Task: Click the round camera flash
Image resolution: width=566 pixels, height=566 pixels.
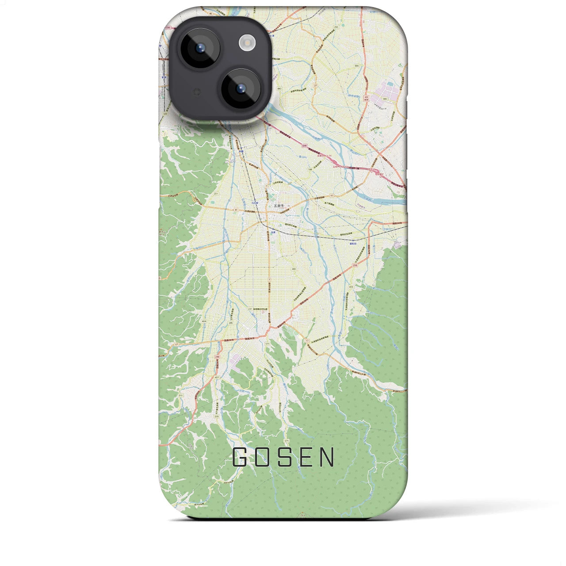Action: tap(247, 42)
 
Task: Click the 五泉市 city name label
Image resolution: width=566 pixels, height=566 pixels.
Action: tap(278, 206)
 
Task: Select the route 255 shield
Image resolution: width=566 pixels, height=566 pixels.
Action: tap(336, 27)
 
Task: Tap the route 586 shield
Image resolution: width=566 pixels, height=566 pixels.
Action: tap(356, 66)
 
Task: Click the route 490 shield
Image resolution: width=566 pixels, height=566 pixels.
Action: tap(279, 89)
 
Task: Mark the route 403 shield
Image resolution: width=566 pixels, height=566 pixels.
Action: tap(294, 269)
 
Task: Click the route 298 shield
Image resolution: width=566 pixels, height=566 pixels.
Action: tap(355, 265)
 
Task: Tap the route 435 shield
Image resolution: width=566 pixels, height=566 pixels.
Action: tap(351, 287)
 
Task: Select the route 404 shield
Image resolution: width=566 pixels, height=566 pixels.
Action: tap(204, 321)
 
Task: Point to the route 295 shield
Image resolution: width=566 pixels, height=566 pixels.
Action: tap(231, 323)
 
